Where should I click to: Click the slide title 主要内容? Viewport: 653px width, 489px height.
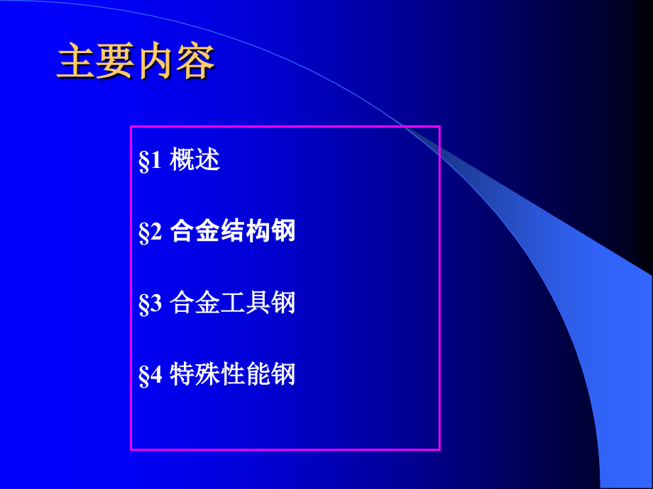pos(136,62)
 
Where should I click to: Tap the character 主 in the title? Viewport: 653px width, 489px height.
pos(76,62)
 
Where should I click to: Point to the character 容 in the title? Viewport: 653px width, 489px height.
pos(194,62)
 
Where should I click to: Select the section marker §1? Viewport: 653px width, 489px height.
pos(150,161)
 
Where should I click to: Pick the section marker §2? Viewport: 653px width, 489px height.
pos(150,232)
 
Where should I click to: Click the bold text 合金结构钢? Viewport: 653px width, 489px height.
pos(233,232)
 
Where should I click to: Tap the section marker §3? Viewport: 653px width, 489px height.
pos(150,304)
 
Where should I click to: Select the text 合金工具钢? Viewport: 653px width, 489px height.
pos(233,303)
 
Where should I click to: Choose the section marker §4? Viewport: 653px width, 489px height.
pos(150,376)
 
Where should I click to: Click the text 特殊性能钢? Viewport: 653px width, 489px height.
pos(233,375)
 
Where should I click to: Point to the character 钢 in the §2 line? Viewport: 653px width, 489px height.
pos(283,232)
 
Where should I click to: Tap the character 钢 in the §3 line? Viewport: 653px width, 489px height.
pos(283,303)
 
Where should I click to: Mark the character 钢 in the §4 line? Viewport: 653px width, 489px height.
pos(283,375)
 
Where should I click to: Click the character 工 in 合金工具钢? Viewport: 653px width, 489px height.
pos(233,303)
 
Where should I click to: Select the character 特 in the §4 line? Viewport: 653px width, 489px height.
pos(182,375)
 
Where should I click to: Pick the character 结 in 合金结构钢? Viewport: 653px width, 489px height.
pos(233,232)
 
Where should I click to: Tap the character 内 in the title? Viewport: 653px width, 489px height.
pos(155,62)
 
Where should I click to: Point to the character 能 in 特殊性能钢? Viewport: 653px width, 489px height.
pos(258,375)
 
